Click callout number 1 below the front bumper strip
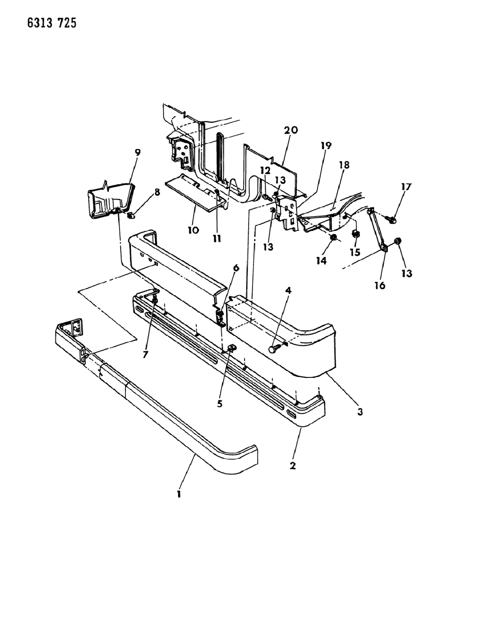[179, 495]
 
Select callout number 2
[293, 466]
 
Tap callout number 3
[360, 412]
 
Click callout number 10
[193, 229]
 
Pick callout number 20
[291, 130]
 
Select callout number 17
[406, 187]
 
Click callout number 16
[380, 285]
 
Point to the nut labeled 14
[333, 238]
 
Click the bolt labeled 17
[393, 221]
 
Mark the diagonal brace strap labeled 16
[378, 230]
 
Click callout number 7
[146, 354]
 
